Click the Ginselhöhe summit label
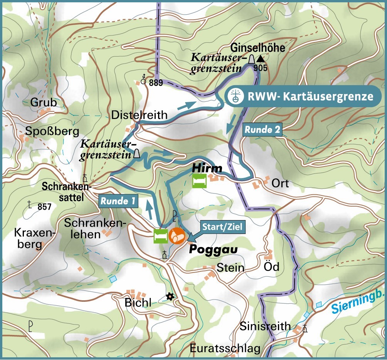[x=258, y=48]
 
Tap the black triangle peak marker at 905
[x=261, y=59]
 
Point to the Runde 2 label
[x=262, y=130]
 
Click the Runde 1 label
[x=119, y=201]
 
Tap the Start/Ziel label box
[x=222, y=226]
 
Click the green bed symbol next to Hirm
[x=199, y=181]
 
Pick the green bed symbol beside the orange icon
[x=160, y=236]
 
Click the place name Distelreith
[x=139, y=115]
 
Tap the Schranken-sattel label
[x=66, y=192]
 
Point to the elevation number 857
[x=45, y=207]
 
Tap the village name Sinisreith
[x=265, y=326]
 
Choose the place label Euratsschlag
[x=225, y=349]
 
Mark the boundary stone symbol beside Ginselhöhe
[x=251, y=60]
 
